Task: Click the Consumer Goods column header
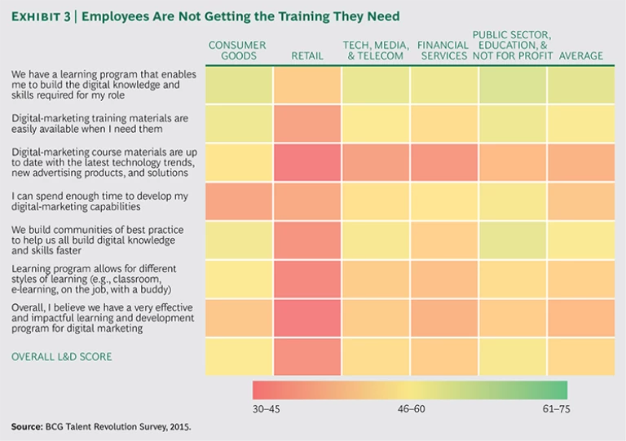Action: pyautogui.click(x=237, y=51)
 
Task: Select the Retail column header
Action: pyautogui.click(x=307, y=56)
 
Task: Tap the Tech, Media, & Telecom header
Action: pyautogui.click(x=376, y=51)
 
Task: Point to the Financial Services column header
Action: pyautogui.click(x=443, y=51)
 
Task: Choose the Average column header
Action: pyautogui.click(x=581, y=56)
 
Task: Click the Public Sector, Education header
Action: pyautogui.click(x=512, y=46)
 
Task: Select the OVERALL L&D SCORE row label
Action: pyautogui.click(x=61, y=356)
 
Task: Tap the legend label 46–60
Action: pyautogui.click(x=409, y=410)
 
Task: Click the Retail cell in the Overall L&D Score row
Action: pyautogui.click(x=307, y=356)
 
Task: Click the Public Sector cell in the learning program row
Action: pyautogui.click(x=513, y=85)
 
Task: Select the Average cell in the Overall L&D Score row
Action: pyautogui.click(x=581, y=356)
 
